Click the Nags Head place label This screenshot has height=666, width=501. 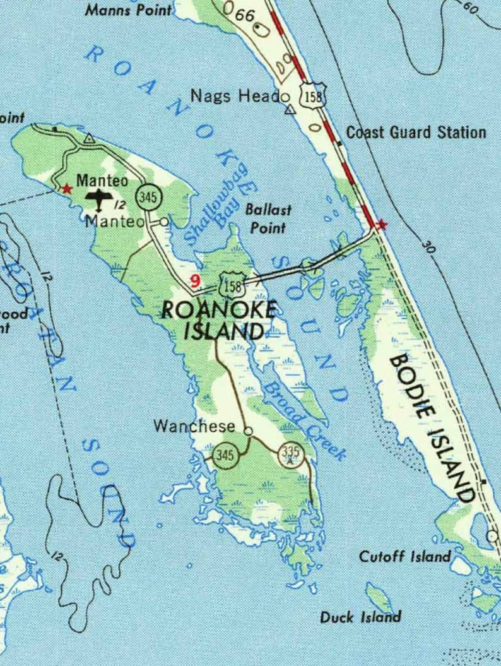click(235, 97)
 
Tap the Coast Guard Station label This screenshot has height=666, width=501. click(416, 133)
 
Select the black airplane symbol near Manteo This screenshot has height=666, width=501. click(100, 200)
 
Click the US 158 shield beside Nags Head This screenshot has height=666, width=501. click(313, 97)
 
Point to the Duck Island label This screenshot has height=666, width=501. click(360, 617)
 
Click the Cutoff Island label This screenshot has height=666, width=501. click(404, 557)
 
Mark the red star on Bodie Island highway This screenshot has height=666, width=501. click(380, 224)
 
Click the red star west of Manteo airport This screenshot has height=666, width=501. click(66, 188)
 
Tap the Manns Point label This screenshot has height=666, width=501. click(128, 9)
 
